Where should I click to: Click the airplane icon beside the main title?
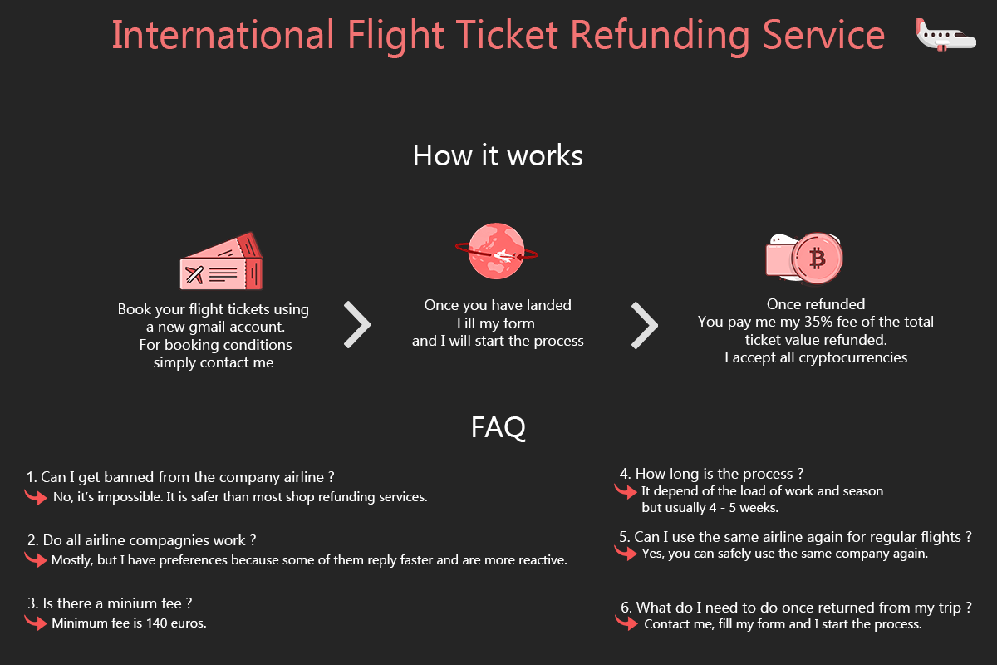tap(945, 36)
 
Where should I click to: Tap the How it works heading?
tap(498, 155)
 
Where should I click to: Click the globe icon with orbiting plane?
tap(496, 251)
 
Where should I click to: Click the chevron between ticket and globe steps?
tap(357, 325)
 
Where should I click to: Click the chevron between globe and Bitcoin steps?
tap(645, 325)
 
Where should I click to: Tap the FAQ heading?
tap(498, 427)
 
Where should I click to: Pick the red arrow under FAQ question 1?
tap(36, 498)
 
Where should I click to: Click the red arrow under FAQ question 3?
tap(36, 623)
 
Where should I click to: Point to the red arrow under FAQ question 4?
tap(626, 491)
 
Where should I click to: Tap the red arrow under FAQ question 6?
tap(626, 623)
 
